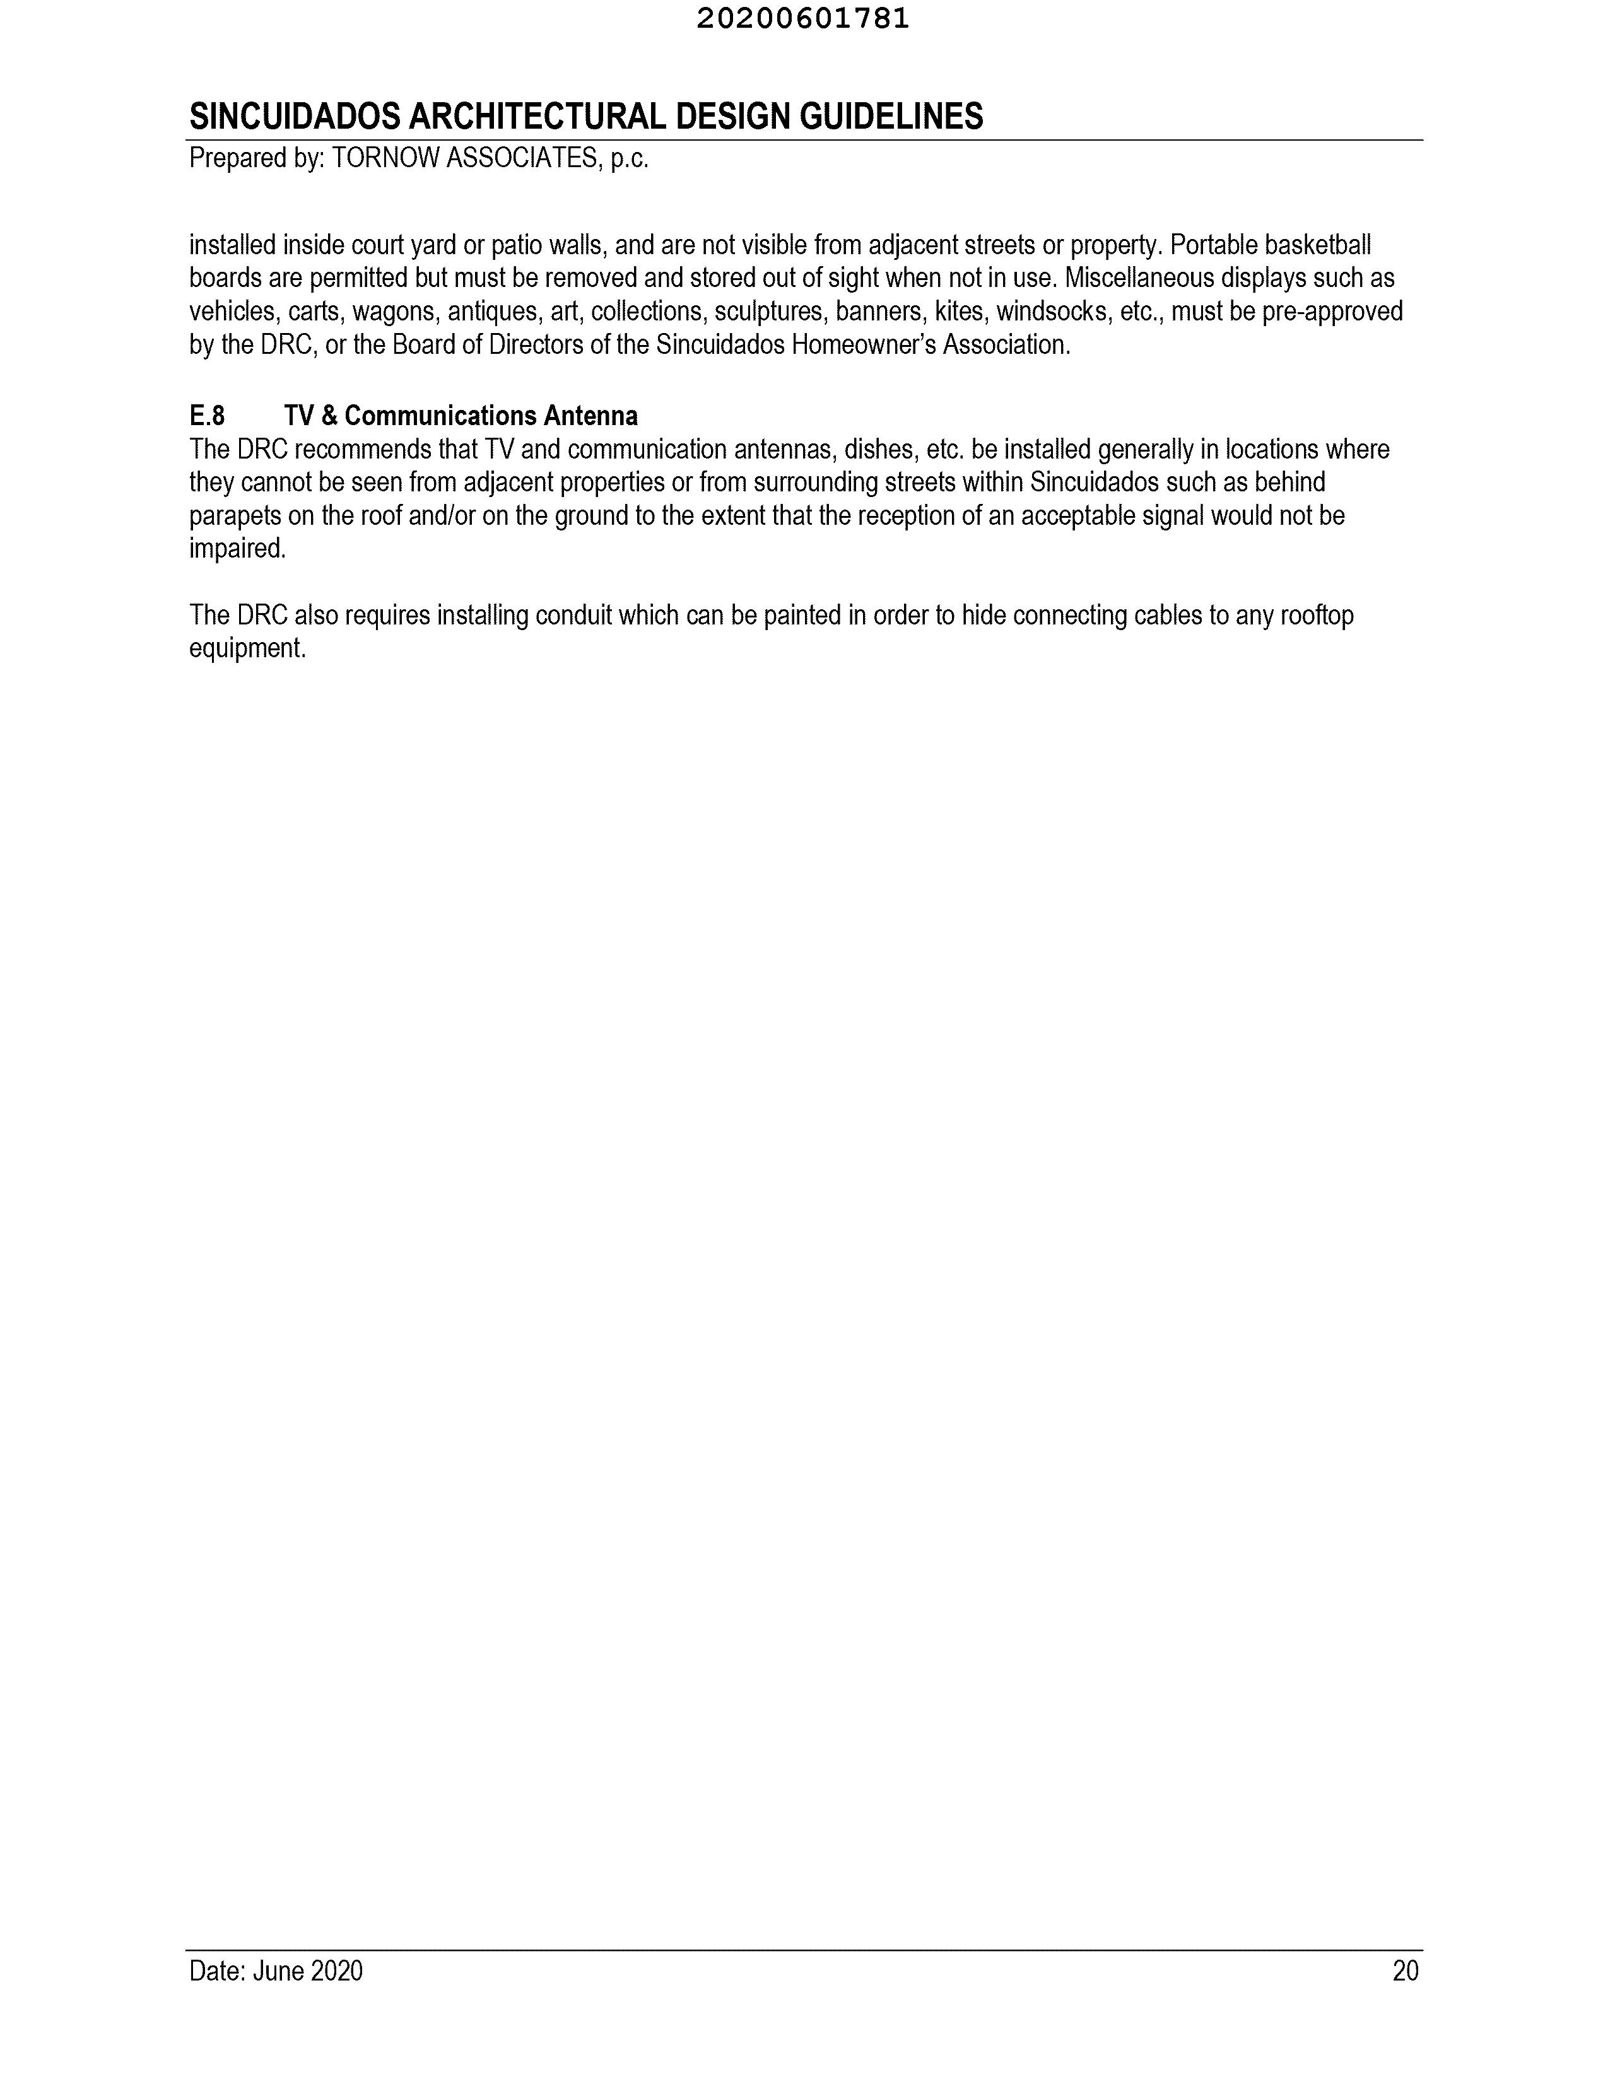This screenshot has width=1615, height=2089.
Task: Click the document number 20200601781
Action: tap(802, 19)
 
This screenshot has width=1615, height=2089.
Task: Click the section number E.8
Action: tap(207, 416)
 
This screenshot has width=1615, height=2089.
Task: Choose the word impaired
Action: tap(237, 549)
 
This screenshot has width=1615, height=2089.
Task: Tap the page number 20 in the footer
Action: tap(1404, 1971)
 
